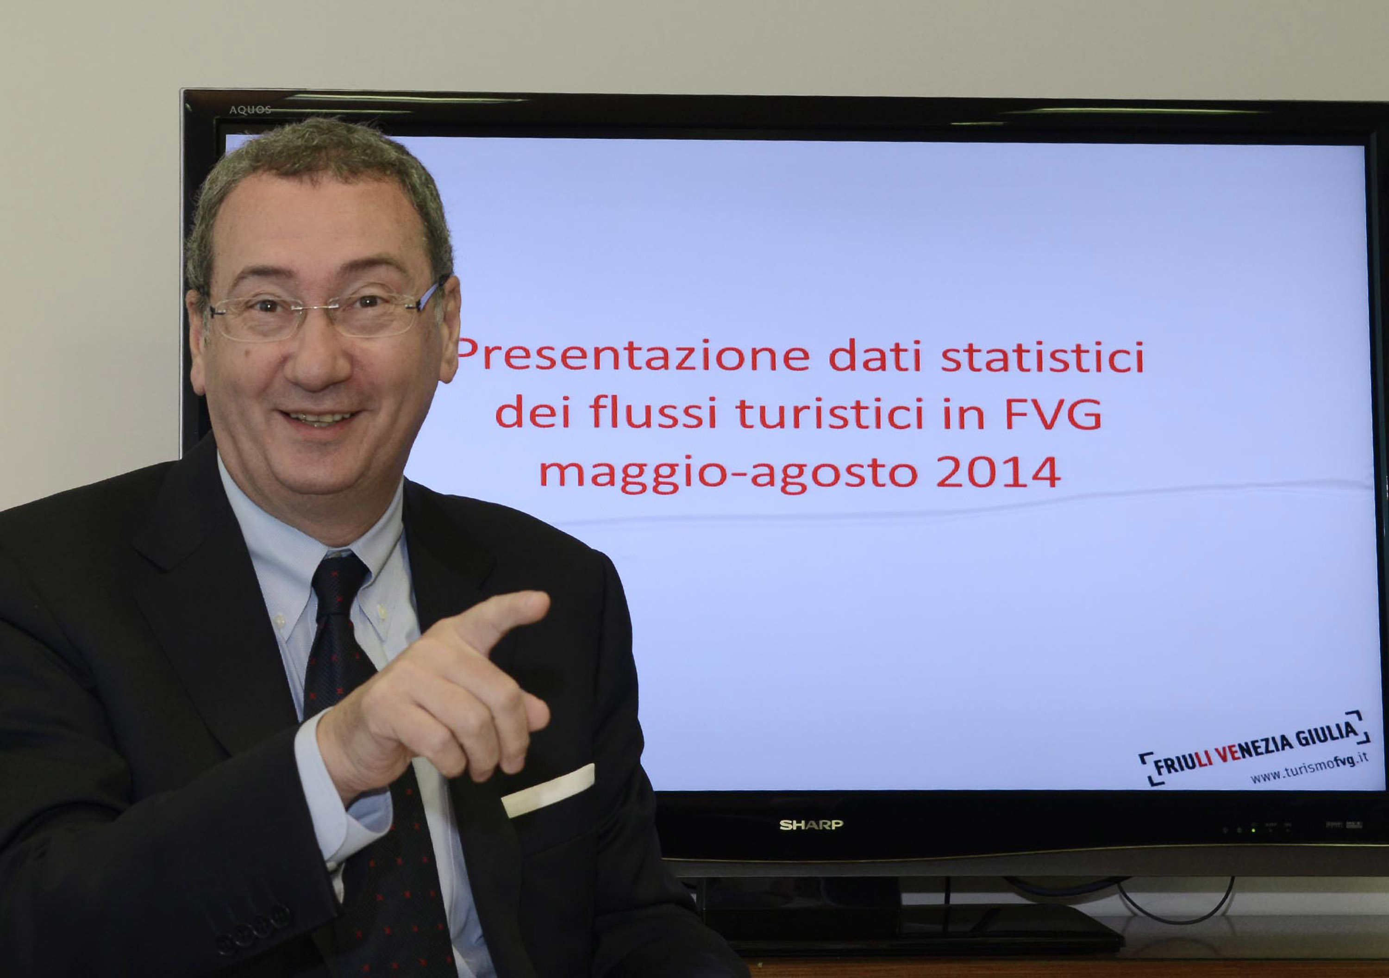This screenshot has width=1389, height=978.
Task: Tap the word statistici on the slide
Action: [1042, 356]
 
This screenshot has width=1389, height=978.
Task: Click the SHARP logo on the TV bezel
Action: [811, 825]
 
